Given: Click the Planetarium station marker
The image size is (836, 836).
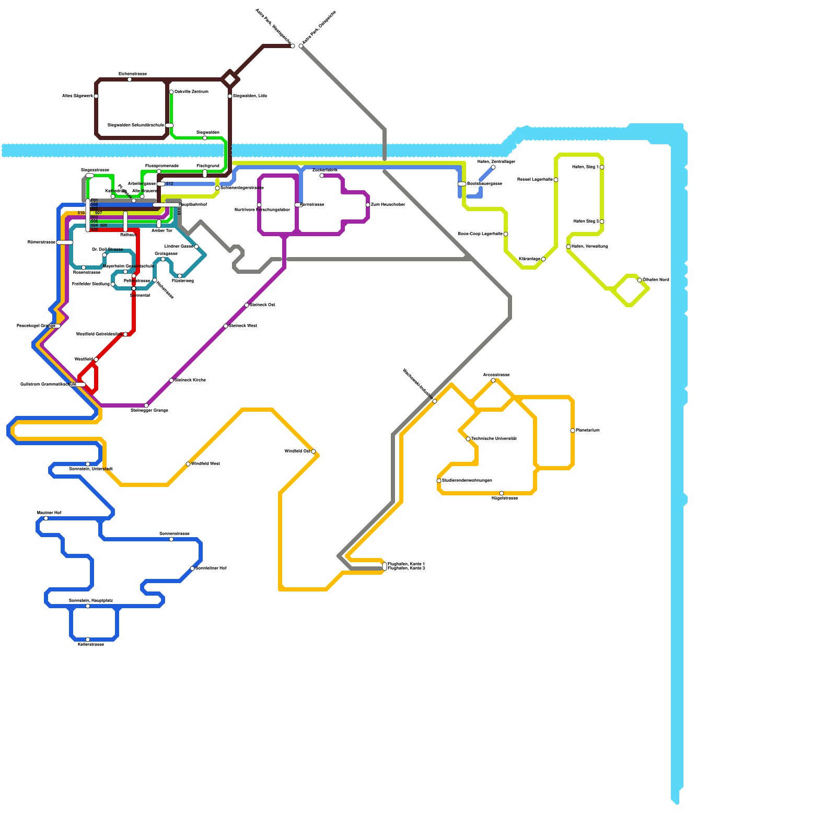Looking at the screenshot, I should point(573,431).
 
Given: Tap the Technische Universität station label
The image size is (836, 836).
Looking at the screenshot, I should point(494,438).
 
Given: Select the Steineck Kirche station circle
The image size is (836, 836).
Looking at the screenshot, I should point(171,380).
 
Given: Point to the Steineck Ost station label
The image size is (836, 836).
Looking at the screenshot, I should point(262,305).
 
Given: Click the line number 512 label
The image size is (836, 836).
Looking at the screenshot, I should point(169,184).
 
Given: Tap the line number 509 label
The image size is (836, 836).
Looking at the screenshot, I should point(94,229).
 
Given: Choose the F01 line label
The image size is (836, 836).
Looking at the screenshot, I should point(94,201).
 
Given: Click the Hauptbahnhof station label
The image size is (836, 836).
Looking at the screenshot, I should point(193,204).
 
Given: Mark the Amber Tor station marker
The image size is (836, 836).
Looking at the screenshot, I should point(159,224).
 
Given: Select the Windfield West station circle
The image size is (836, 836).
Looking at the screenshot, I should point(188,464).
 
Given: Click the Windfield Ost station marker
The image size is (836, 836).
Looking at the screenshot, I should point(313,451).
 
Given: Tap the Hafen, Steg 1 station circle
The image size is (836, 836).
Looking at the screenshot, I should point(602,167).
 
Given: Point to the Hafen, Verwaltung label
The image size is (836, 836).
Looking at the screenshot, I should point(589,246).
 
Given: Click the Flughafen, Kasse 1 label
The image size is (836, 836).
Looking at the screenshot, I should point(406,564).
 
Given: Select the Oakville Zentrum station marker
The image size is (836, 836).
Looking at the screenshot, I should point(171,92).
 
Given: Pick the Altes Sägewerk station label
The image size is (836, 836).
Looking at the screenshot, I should point(77,96).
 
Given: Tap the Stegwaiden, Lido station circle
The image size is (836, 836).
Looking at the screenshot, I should point(230,96).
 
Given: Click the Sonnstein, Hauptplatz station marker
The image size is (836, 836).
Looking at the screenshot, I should point(88,606).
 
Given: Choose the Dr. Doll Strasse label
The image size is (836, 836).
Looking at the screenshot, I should point(108,249).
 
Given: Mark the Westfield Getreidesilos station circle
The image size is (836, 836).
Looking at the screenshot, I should point(125,334).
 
